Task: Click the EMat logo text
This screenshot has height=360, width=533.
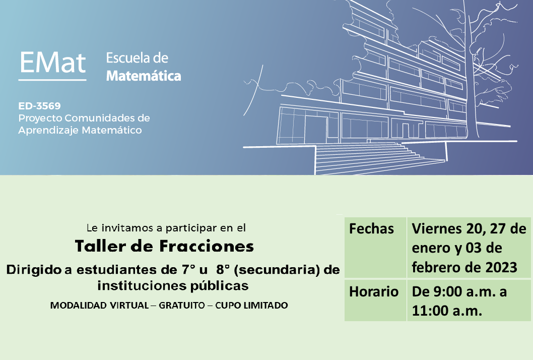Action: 52,63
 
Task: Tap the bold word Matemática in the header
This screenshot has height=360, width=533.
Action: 144,76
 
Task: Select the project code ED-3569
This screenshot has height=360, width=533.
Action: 39,106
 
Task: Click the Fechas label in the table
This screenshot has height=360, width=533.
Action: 372,229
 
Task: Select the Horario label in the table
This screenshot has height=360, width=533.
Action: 374,291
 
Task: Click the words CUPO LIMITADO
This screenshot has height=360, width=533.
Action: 251,306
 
